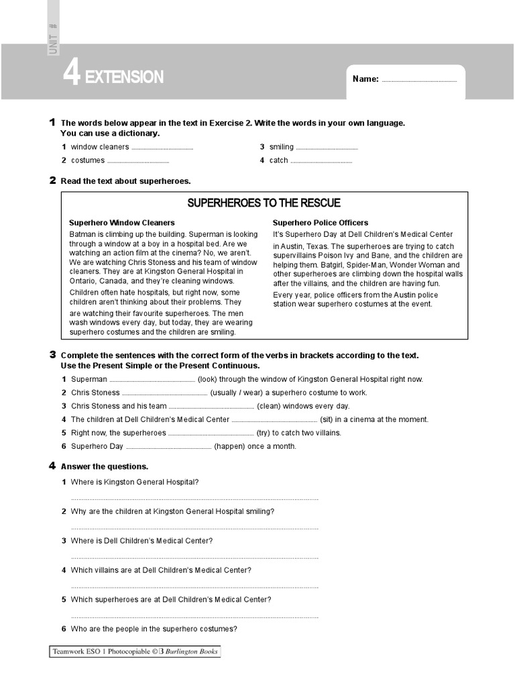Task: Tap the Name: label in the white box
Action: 365,79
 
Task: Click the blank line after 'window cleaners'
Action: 162,148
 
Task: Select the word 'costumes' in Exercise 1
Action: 88,160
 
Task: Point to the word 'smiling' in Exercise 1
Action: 281,147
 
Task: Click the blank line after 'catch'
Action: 321,162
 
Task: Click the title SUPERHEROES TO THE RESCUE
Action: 264,203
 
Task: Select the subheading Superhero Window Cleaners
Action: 122,223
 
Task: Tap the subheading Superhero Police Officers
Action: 321,223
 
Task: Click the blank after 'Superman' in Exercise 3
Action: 152,380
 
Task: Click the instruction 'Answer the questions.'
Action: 105,466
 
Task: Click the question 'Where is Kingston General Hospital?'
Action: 135,482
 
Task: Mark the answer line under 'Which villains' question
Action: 194,586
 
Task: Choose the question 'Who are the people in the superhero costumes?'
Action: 154,629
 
